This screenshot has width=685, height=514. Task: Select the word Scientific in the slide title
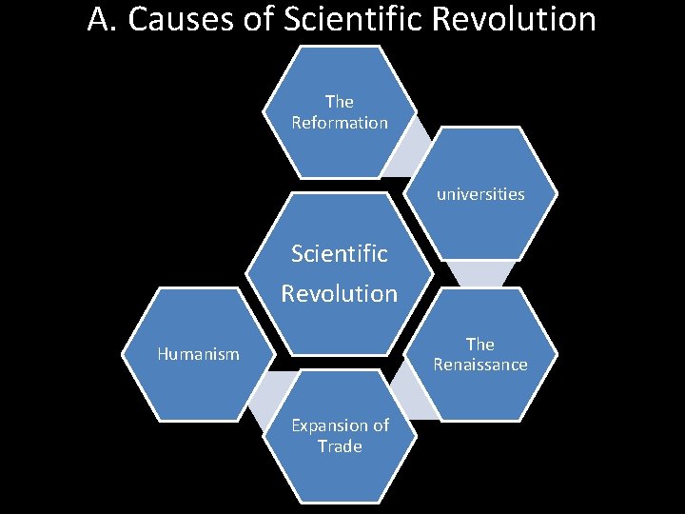point(346,19)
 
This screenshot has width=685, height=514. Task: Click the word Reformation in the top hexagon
point(340,123)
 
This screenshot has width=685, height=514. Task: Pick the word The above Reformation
point(340,102)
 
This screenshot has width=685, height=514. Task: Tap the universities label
point(480,194)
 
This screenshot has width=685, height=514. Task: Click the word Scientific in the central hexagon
point(340,254)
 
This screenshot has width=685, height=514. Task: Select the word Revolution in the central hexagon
point(340,293)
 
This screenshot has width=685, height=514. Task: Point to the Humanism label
point(198,354)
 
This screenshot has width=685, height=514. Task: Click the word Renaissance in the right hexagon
point(480,365)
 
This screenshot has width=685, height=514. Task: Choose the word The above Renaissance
point(480,344)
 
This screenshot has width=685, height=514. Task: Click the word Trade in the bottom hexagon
point(340,446)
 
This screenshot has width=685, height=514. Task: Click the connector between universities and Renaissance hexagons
point(480,274)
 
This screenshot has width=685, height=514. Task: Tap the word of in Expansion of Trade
point(380,425)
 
